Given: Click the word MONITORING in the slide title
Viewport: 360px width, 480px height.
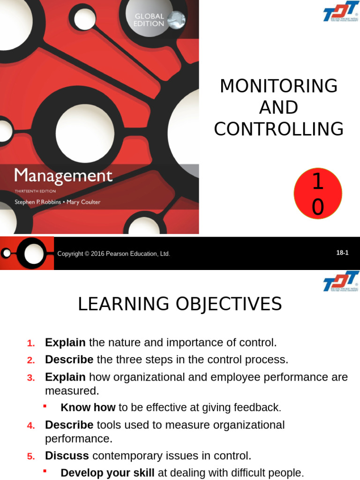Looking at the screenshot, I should pos(278,86).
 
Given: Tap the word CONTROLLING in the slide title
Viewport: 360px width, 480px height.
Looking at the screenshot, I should pos(278,129).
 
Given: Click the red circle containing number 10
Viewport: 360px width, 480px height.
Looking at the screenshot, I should pos(317,194).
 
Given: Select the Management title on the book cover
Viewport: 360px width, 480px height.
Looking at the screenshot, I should pos(63,176).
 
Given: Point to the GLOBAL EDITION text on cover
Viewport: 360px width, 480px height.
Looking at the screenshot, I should pos(149,20).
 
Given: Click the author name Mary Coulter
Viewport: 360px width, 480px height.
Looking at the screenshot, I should pos(84,202).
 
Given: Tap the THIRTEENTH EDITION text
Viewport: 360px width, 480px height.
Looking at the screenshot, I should pos(35,191).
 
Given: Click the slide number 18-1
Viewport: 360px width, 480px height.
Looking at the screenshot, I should pos(342,253).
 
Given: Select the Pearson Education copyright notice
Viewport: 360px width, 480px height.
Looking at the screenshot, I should pos(113,254).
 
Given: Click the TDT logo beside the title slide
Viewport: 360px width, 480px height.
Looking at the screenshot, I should pos(341,13).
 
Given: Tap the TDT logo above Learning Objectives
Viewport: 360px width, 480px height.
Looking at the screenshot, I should pos(341,281).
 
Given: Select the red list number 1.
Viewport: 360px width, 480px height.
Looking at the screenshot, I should pos(31,343).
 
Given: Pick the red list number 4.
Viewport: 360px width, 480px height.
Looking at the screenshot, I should pos(31,426).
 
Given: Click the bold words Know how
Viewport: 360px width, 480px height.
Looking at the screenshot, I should pos(88,408).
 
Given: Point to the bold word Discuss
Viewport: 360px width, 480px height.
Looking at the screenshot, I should pos(67,456).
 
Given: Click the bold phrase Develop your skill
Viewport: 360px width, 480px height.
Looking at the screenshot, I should pos(108,472).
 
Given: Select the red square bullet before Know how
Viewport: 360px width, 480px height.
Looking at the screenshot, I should pos(45,406).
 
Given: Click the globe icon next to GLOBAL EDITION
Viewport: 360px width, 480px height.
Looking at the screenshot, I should pos(176,20).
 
